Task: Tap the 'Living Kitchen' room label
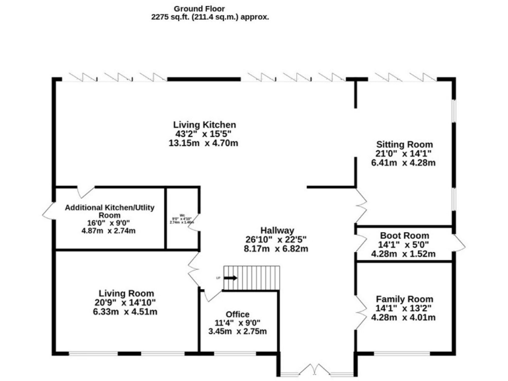(x=204, y=124)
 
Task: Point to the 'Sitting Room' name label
(x=404, y=144)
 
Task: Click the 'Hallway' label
(x=276, y=230)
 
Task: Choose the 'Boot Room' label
(x=404, y=235)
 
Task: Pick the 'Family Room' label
(x=404, y=299)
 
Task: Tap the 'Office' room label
(x=237, y=314)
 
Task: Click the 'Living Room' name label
(x=126, y=293)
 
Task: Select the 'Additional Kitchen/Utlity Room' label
(x=109, y=212)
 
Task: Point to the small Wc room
(x=181, y=218)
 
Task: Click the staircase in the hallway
(x=252, y=278)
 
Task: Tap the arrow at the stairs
(x=230, y=278)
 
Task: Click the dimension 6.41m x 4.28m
(x=404, y=163)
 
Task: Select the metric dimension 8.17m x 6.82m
(x=276, y=249)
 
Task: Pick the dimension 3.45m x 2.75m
(x=237, y=331)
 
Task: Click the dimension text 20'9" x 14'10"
(x=126, y=302)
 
